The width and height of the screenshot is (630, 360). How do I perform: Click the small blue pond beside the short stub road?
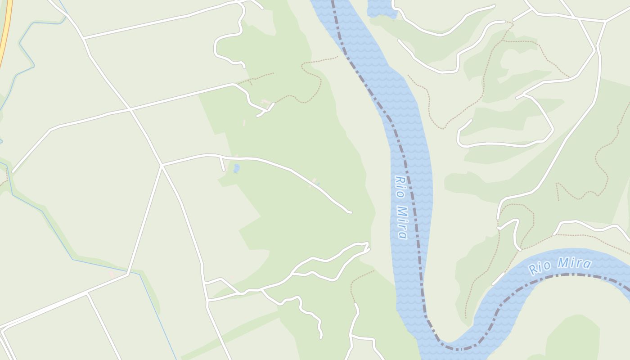tap(237, 168)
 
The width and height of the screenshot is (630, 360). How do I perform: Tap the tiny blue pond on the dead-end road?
tap(318, 184)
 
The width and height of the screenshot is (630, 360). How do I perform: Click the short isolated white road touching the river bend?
tap(498, 279)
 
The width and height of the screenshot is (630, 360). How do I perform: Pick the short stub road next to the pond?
tap(222, 164)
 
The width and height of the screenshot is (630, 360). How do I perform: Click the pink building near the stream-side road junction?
tap(111, 274)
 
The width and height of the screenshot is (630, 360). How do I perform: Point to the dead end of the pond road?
tap(350, 212)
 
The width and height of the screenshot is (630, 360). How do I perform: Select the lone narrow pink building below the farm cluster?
tap(244, 122)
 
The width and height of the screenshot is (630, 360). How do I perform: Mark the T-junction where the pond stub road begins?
tap(220, 157)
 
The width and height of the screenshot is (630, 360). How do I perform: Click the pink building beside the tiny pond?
tap(314, 180)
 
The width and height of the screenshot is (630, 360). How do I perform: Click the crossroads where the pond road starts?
tap(162, 165)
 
